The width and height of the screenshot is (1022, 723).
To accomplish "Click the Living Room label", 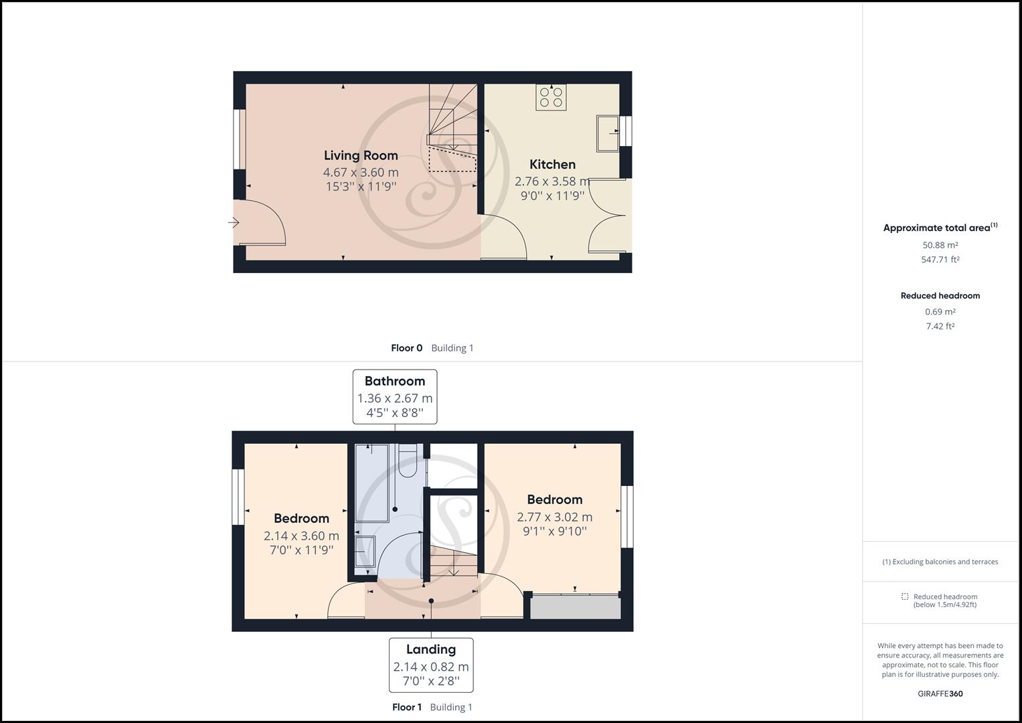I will coord(361,155).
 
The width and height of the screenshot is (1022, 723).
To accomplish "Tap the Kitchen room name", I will coord(552,164).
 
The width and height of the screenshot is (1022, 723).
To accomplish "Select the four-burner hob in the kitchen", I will coord(551,97).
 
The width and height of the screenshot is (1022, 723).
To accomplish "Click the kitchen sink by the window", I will coord(608,133).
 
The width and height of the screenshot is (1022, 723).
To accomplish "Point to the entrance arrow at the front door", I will coord(234,222).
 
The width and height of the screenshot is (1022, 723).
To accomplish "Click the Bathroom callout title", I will coord(394,381).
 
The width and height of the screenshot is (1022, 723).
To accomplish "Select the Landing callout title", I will coord(430,649).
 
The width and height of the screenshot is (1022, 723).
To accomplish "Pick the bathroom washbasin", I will coord(364,552).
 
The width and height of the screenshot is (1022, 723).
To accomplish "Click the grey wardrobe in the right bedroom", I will coord(575,607).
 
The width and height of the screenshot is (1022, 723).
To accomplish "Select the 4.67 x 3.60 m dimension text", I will coord(361,172).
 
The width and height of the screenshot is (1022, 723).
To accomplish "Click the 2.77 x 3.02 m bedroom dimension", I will coord(554,517).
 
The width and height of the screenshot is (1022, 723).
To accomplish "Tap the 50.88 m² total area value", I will coord(940,245).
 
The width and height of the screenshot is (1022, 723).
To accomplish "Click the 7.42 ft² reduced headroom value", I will coord(940,326).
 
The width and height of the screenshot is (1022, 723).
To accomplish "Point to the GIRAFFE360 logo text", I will coord(940,694).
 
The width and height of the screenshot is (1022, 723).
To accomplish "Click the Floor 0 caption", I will coord(406,348).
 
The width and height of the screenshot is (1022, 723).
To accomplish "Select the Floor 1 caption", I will coord(406,707).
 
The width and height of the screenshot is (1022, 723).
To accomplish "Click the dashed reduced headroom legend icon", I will coord(905,596).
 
